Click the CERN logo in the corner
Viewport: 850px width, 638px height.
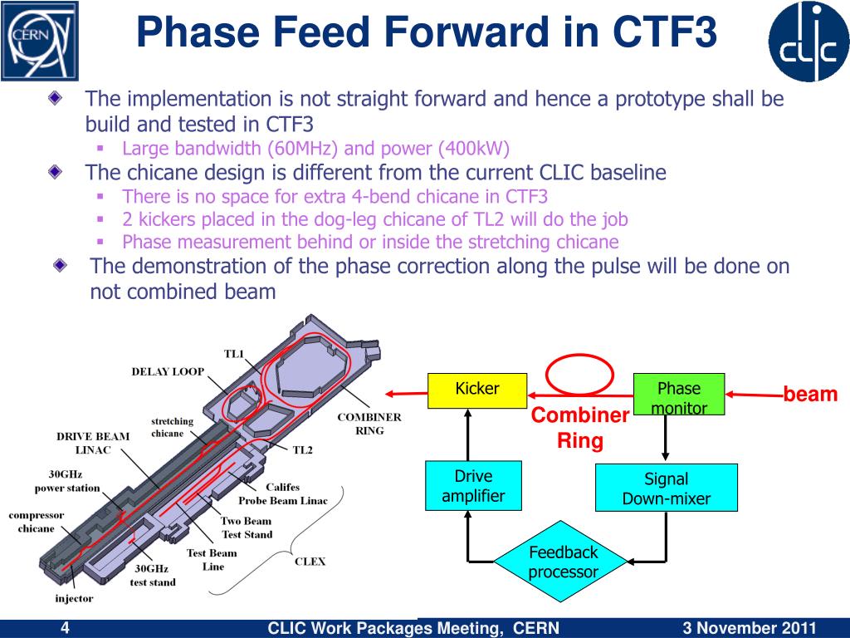coord(39,39)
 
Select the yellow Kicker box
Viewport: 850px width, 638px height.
coord(477,390)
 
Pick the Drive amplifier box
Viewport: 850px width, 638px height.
coord(473,486)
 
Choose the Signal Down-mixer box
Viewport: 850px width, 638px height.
coord(667,488)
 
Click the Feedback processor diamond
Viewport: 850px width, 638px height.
coord(564,562)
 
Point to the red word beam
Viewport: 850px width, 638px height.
coord(810,395)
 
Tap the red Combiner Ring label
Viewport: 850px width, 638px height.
coord(580,428)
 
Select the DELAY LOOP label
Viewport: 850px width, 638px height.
coord(168,371)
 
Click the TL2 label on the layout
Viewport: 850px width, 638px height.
coord(302,450)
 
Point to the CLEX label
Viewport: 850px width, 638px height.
coord(310,562)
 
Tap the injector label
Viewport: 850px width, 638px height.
coord(75,598)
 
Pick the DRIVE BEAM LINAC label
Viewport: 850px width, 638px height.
coord(93,443)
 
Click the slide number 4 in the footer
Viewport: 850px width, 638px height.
coord(65,628)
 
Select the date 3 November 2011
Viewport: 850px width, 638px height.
coord(750,628)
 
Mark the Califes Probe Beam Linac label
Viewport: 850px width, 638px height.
coord(283,494)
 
